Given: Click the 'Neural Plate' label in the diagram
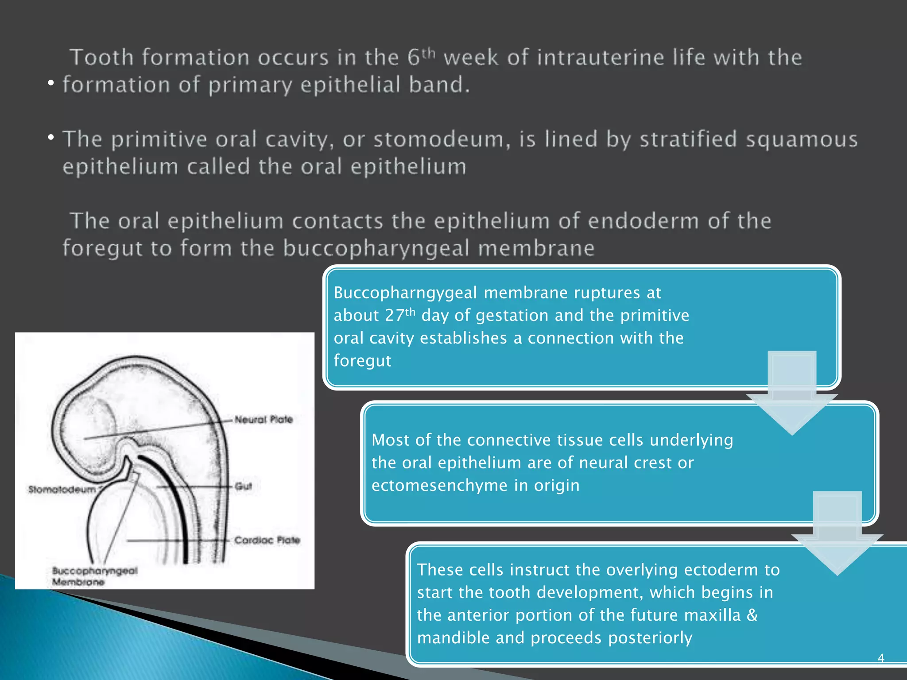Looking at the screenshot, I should coord(264,419).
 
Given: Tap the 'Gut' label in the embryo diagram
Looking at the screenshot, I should coord(243,486).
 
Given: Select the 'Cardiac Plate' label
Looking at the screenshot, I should coord(267,540).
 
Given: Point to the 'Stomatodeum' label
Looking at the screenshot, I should coord(62,489).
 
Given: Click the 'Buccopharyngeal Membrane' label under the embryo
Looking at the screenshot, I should coord(94,576).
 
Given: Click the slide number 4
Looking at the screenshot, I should coord(881,658).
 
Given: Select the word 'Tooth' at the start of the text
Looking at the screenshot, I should coord(102,58).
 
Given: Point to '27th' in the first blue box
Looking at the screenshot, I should coord(400,315).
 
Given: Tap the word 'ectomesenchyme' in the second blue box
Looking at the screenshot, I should coord(439,486).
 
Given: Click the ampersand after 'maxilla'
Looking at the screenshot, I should coord(752,615).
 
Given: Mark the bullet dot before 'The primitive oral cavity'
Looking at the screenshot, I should coord(51,138).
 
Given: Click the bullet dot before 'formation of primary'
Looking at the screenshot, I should coord(51,83).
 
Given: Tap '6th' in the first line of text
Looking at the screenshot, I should coord(422,57).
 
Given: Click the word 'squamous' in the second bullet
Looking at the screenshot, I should coord(802,139).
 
